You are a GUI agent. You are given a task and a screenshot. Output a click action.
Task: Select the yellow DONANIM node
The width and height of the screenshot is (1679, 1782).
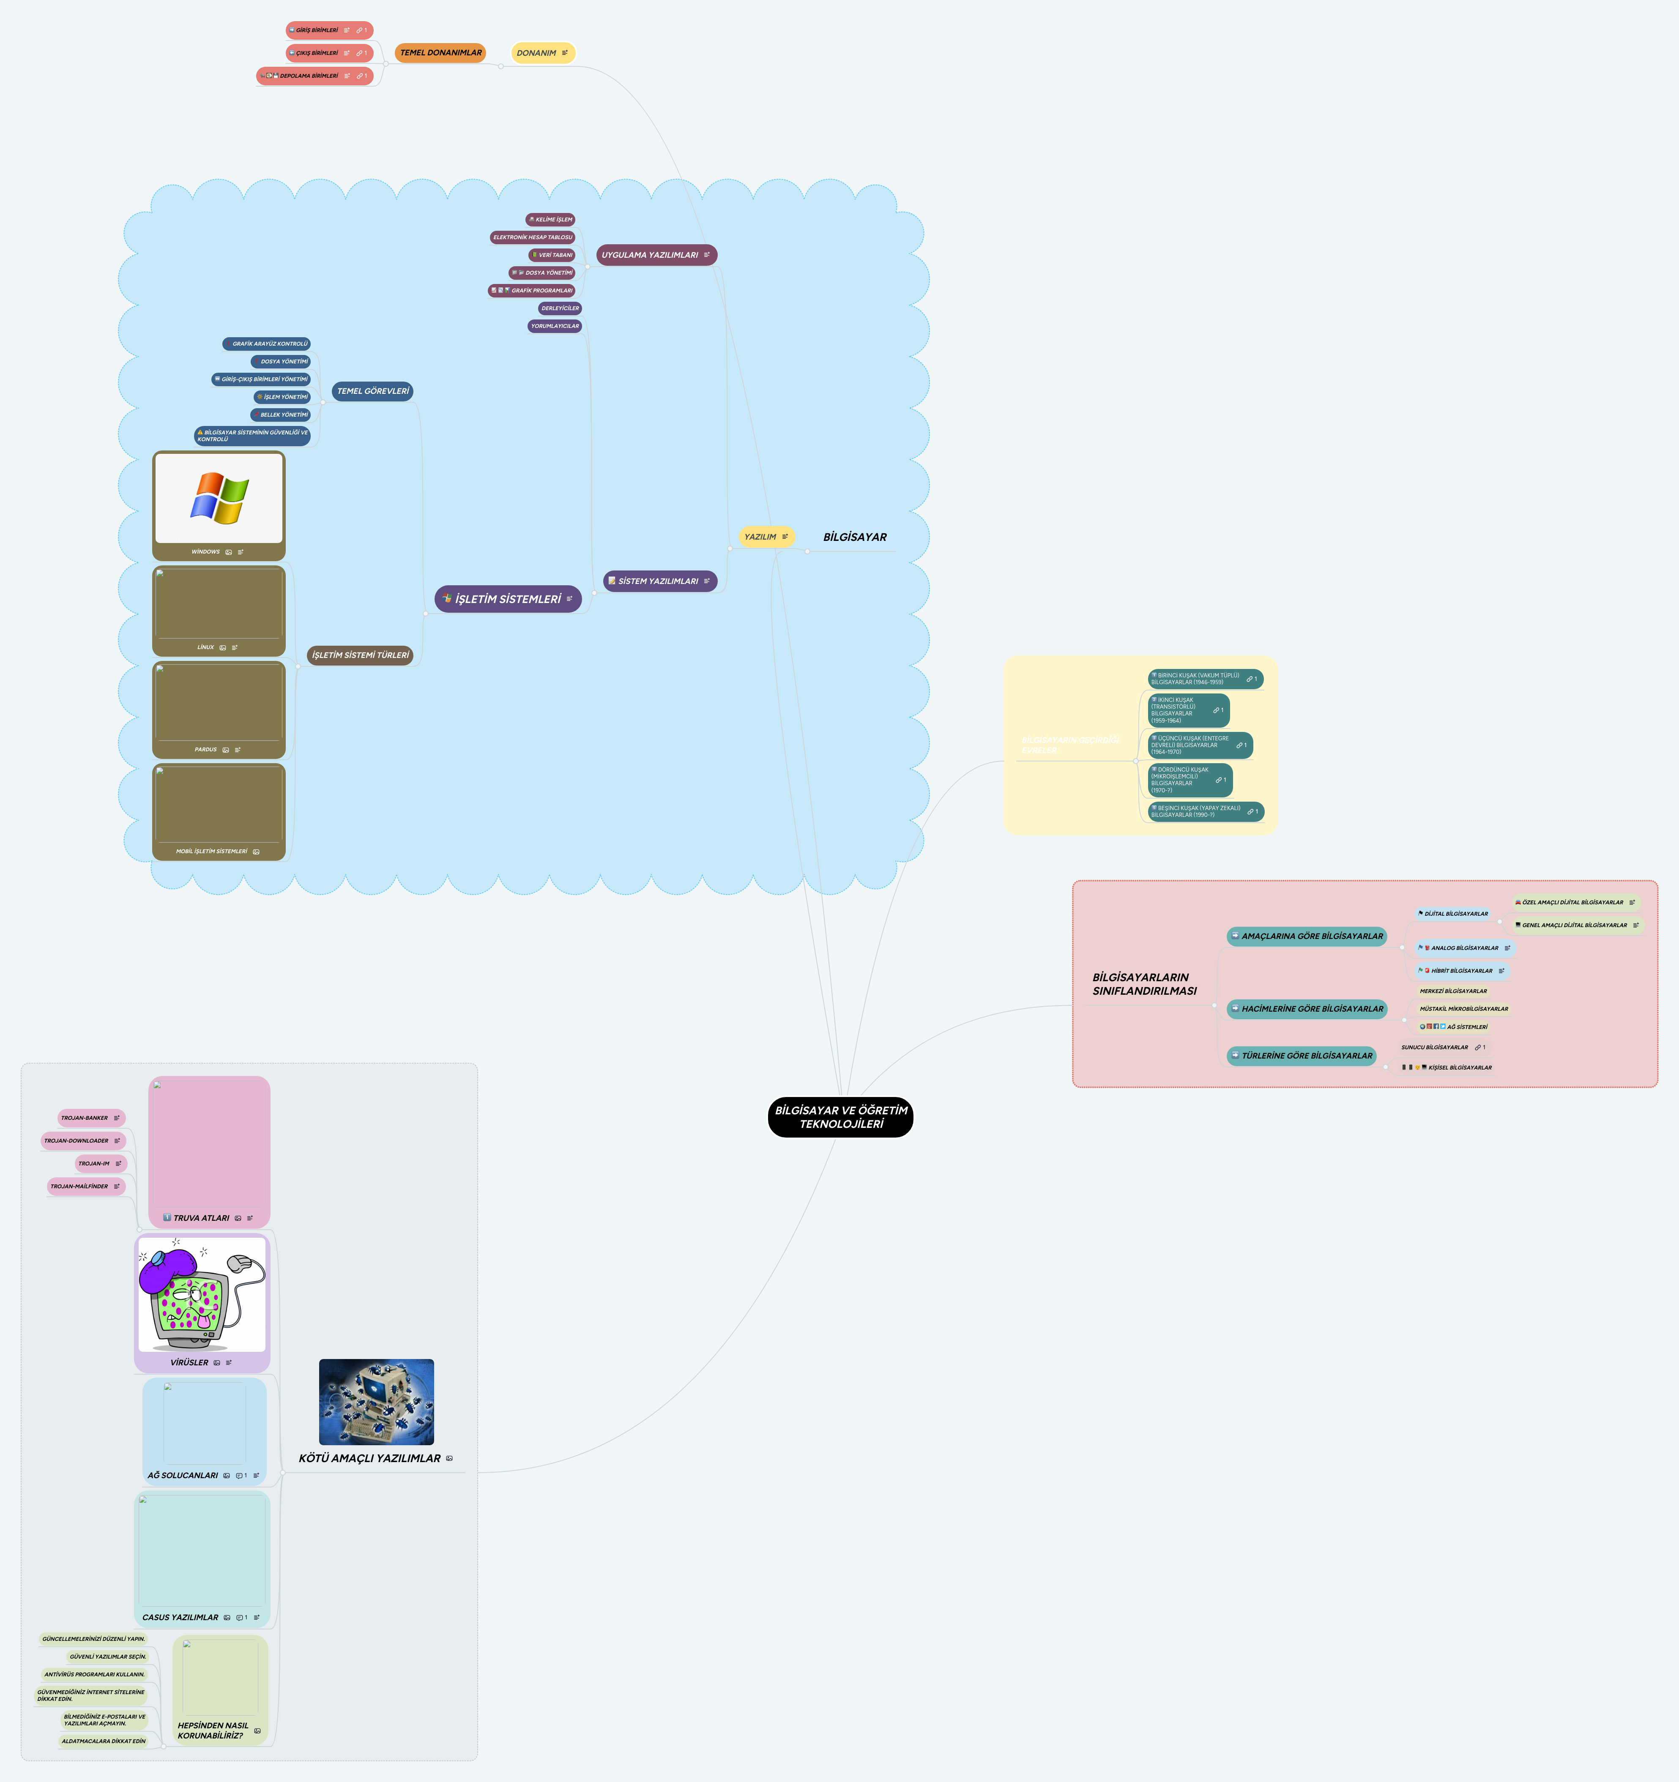point(541,53)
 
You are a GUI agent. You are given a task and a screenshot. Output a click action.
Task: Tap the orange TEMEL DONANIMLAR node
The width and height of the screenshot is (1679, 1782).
point(440,53)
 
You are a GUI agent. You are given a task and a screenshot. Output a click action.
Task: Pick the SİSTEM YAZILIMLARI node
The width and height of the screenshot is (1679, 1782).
point(659,581)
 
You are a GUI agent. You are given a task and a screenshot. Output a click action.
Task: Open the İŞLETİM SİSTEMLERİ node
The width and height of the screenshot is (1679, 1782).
point(507,599)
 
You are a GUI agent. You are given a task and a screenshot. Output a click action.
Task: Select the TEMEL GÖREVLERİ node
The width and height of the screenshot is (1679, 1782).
point(372,391)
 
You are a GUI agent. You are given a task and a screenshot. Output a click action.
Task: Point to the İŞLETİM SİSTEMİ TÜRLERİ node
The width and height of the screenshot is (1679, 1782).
point(359,655)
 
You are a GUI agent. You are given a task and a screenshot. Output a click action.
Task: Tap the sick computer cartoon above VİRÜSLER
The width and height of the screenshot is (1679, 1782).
point(202,1294)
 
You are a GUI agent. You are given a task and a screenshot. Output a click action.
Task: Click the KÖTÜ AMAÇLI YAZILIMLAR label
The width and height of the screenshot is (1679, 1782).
point(369,1458)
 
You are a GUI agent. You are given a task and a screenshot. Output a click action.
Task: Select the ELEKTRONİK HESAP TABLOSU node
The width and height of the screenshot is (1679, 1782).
point(533,237)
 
